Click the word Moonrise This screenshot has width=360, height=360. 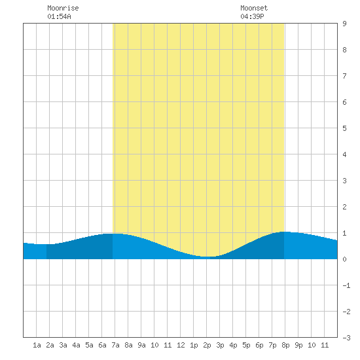point(63,8)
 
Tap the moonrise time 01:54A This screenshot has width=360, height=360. point(59,16)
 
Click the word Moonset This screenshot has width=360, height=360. point(254,8)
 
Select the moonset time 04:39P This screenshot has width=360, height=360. point(252,16)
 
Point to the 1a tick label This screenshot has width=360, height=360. point(37,345)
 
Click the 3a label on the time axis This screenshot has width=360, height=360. point(63,345)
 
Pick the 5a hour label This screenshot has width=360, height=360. point(89,345)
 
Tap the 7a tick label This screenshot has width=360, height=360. point(115,345)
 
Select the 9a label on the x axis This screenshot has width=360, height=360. point(141,345)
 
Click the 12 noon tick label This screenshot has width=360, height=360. point(181,345)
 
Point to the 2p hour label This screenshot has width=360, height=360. point(207,345)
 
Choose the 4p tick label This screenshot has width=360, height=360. point(233,345)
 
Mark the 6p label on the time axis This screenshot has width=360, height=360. point(259,345)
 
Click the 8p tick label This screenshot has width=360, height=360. point(285,345)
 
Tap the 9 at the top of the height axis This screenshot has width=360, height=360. point(344,24)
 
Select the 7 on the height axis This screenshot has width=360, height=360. point(344,76)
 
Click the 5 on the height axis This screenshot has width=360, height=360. point(344,128)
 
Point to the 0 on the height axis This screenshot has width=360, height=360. point(344,259)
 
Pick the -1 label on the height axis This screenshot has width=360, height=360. point(346,285)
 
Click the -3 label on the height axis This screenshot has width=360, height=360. point(346,338)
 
